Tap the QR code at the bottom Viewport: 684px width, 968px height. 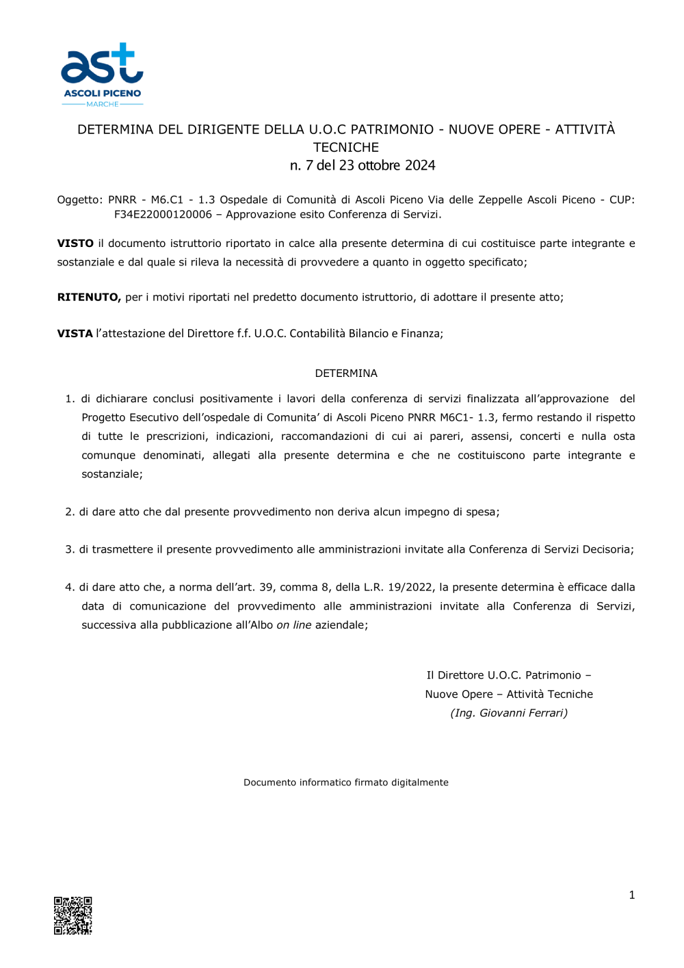tap(73, 915)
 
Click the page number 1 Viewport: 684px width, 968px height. tap(631, 895)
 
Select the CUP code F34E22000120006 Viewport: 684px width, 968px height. tap(163, 215)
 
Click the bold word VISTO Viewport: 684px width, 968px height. tap(75, 244)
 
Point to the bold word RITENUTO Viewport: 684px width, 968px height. tap(89, 298)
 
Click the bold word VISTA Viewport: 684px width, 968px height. tap(75, 334)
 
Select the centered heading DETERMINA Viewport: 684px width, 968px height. tap(346, 374)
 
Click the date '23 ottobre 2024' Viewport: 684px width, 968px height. tap(387, 166)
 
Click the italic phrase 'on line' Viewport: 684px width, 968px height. tap(293, 625)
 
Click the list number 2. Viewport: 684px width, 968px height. tap(69, 512)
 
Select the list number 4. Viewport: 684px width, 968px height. tap(69, 588)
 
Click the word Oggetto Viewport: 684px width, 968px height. tap(79, 200)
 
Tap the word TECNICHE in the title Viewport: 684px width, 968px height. tap(346, 147)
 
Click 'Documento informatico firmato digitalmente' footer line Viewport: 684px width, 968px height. tap(346, 783)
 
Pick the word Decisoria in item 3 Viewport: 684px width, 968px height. tap(607, 550)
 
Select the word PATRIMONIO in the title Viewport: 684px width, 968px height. tap(392, 129)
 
